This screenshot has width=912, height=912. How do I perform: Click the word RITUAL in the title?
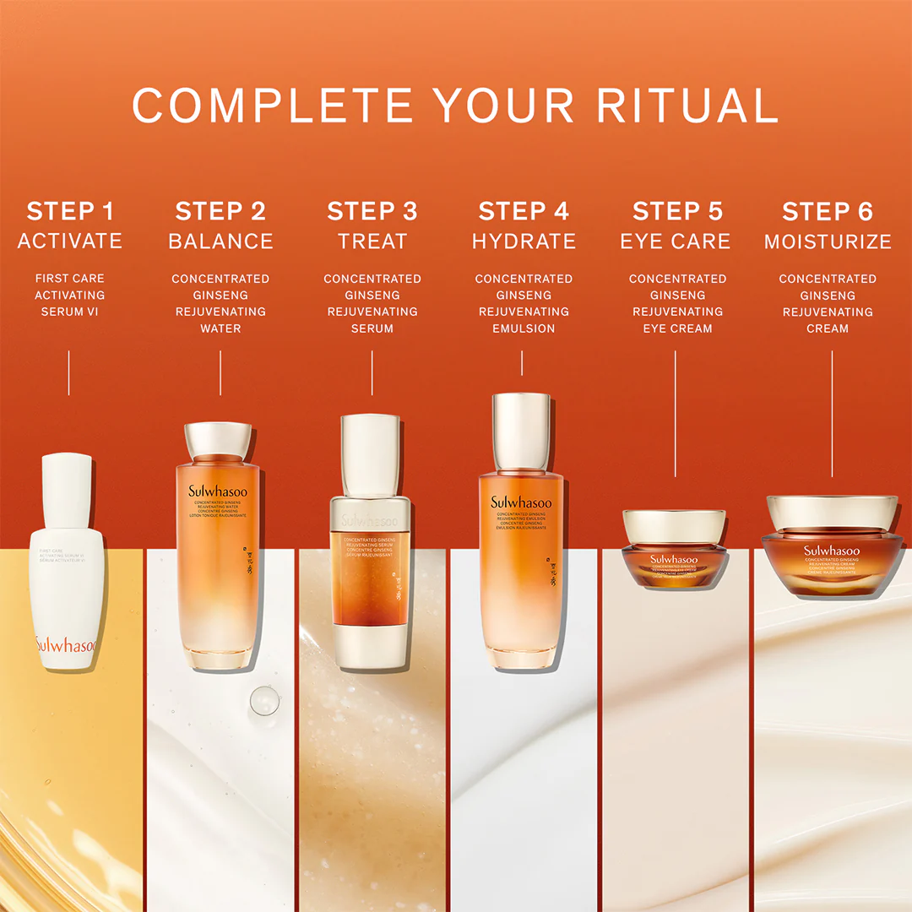687,105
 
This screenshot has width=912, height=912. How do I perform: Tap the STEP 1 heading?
70,211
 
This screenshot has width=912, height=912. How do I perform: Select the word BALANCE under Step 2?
220,242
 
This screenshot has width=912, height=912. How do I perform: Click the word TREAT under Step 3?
372,242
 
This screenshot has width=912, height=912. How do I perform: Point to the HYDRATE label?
524,242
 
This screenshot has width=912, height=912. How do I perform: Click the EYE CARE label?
676,242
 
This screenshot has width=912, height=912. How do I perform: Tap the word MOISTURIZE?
828,242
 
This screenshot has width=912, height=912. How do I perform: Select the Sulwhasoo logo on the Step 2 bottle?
219,491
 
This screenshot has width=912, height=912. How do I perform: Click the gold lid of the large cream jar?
831,512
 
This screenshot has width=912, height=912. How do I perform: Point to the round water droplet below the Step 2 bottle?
264,701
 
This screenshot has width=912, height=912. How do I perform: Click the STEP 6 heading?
828,211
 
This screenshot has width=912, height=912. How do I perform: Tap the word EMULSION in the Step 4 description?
524,328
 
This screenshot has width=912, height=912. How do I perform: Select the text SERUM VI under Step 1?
70,312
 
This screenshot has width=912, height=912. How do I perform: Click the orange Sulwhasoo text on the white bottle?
67,646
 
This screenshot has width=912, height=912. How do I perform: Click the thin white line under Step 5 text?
675,414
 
